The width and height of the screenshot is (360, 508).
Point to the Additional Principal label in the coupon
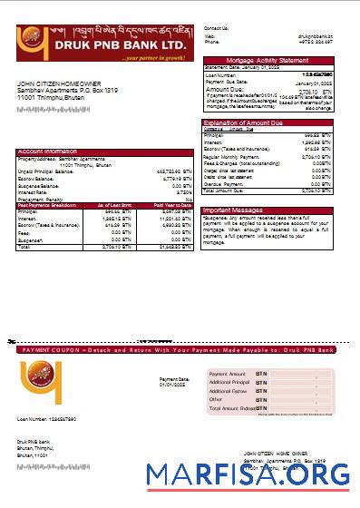pos(230,382)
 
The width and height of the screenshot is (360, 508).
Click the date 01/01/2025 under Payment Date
pos(172,385)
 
